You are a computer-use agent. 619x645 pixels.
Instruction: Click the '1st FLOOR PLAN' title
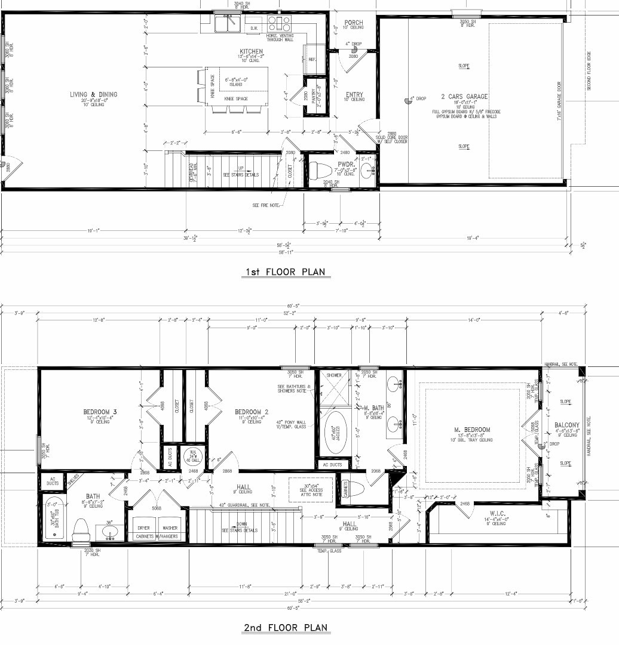pyautogui.click(x=285, y=273)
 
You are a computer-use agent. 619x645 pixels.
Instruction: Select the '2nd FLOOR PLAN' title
pyautogui.click(x=286, y=628)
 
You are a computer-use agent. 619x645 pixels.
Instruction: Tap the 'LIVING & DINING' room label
pyautogui.click(x=93, y=94)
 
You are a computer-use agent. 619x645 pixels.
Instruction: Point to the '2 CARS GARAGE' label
pyautogui.click(x=464, y=96)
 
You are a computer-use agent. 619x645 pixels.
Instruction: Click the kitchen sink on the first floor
pyautogui.click(x=228, y=23)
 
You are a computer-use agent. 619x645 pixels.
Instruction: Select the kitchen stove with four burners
pyautogui.click(x=279, y=23)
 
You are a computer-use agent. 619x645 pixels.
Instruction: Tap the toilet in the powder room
pyautogui.click(x=318, y=169)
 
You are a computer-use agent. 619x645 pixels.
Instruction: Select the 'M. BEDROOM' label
pyautogui.click(x=472, y=430)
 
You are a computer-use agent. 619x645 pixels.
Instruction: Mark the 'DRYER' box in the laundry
pyautogui.click(x=143, y=527)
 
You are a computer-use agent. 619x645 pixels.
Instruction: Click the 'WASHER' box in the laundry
pyautogui.click(x=170, y=527)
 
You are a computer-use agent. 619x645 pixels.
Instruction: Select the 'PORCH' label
pyautogui.click(x=354, y=23)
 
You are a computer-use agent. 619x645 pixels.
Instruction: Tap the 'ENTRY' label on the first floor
pyautogui.click(x=354, y=95)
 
